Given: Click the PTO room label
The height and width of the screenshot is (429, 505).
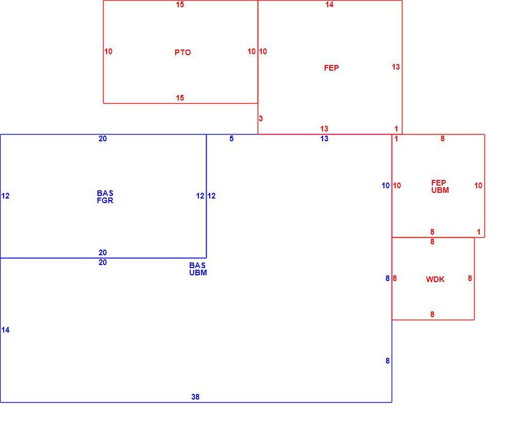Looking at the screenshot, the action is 182,53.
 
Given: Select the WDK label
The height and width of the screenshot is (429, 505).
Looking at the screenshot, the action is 435,279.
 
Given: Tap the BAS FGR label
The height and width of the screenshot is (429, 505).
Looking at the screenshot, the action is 105,196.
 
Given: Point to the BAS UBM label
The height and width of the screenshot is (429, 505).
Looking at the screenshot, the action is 198,269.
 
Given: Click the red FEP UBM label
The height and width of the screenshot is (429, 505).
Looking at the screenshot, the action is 440,186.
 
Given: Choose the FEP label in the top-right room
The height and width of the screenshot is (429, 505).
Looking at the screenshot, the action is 331,68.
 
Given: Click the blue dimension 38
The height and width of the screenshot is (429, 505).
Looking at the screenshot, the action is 195,397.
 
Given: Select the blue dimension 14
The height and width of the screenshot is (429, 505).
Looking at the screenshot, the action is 6,329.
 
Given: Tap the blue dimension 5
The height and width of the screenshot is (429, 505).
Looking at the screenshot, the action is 231,139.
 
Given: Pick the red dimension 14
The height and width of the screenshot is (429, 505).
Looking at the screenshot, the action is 329,5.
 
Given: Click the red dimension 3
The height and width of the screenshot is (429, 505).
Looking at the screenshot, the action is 261,118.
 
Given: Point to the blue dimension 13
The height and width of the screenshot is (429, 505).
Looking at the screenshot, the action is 324,139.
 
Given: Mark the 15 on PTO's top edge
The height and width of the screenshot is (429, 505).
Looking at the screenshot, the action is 180,5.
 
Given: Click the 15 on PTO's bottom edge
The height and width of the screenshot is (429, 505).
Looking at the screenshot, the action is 180,97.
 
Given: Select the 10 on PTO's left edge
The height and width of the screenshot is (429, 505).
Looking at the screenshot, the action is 109,51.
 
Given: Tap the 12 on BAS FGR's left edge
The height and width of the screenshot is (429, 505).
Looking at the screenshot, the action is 6,195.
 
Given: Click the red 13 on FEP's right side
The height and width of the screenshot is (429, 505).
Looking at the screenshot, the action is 396,67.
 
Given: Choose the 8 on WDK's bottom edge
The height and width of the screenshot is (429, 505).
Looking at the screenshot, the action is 432,314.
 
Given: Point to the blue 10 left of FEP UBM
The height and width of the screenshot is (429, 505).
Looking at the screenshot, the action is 385,185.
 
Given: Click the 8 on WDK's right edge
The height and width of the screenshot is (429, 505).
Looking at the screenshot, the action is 470,278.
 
